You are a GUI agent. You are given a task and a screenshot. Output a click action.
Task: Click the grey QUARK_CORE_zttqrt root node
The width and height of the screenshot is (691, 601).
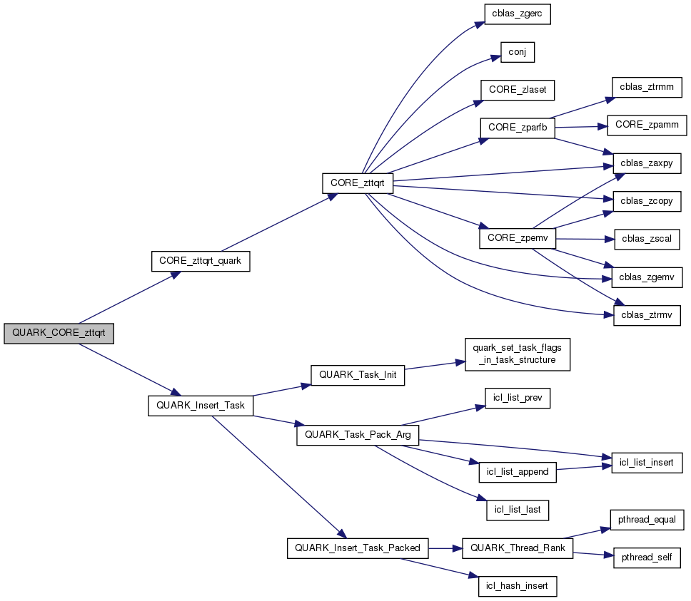(59, 334)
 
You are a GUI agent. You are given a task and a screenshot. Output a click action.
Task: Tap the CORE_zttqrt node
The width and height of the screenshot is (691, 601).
(358, 183)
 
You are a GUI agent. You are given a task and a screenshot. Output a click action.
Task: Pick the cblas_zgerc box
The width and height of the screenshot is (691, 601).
(517, 15)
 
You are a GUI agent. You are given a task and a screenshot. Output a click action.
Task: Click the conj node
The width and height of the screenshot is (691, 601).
(517, 52)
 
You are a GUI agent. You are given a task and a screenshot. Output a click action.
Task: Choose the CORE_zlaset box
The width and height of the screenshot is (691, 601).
(517, 90)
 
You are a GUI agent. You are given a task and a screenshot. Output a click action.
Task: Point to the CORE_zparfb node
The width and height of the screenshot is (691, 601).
(517, 127)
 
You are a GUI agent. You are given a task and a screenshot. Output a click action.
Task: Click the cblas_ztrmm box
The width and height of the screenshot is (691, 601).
(647, 87)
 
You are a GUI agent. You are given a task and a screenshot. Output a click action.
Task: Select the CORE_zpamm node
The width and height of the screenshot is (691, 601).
(647, 125)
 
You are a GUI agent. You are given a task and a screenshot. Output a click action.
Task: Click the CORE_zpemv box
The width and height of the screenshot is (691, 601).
(517, 237)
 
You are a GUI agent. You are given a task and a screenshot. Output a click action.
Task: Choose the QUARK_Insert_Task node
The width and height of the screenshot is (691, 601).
(201, 406)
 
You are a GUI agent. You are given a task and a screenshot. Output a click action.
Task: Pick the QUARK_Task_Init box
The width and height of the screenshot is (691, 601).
(358, 375)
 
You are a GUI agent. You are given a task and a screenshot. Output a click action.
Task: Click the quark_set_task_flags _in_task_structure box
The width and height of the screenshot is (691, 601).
(517, 354)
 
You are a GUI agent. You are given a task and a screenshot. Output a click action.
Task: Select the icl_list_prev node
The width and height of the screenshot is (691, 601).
(517, 398)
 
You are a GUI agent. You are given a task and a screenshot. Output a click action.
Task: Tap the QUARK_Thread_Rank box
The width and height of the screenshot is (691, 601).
(518, 548)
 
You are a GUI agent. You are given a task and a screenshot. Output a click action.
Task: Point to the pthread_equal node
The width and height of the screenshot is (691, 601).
(647, 520)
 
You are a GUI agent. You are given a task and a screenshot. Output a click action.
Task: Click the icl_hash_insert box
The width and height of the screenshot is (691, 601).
(517, 586)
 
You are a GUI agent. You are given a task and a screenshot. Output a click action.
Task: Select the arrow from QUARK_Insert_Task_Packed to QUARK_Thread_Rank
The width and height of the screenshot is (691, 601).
(446, 548)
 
